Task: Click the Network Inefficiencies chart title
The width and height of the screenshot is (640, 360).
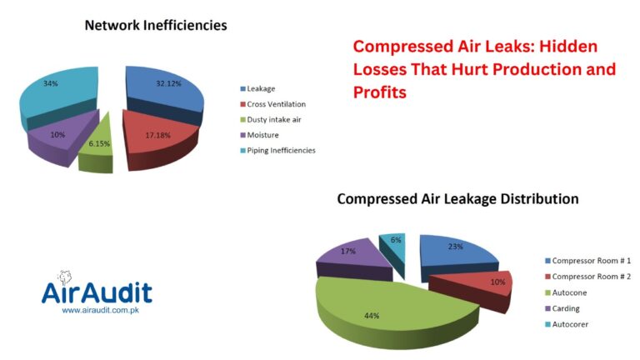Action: coord(156,25)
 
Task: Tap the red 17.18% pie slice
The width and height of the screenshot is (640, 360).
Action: coord(159,137)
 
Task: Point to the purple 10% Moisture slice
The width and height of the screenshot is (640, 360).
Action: coord(61,137)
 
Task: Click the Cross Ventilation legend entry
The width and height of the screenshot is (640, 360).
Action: coord(272,104)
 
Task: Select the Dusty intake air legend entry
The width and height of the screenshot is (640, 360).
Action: coord(271,120)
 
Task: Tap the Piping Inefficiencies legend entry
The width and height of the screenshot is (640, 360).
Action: coord(277,150)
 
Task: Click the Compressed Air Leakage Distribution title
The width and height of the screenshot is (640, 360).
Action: coord(457,199)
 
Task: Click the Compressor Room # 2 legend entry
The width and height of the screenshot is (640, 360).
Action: coord(587,277)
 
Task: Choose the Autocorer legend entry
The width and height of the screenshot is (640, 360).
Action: coord(567,324)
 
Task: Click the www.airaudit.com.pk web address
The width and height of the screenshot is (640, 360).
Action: coord(100,310)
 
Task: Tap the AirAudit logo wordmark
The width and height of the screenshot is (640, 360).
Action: coord(97,292)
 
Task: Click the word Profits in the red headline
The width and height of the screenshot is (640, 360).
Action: coord(380,92)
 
